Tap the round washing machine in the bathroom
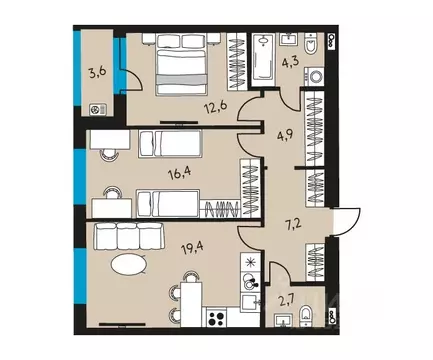tap(318, 75)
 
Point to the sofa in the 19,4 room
tap(129, 237)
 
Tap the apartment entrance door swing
tap(347, 220)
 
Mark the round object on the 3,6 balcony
tap(95, 110)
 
